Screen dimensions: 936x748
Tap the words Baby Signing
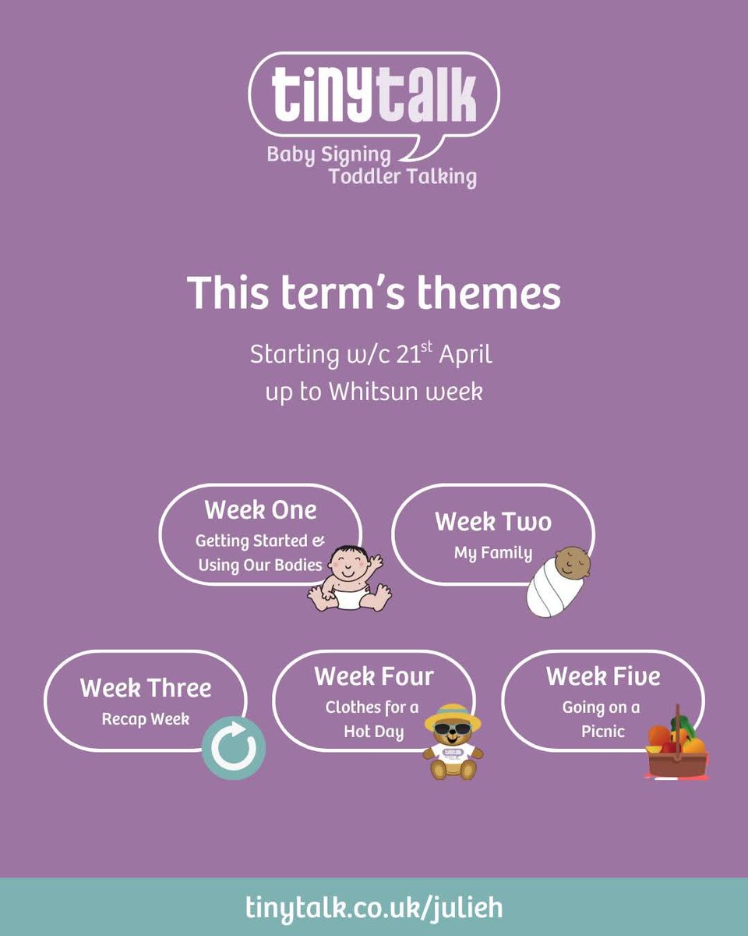329,154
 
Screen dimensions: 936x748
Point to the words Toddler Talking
402,176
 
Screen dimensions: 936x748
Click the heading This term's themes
374,293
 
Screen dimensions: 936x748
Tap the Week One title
260,510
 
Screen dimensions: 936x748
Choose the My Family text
493,554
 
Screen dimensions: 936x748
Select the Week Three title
146,688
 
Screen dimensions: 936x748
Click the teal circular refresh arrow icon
234,748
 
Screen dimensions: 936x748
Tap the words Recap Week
146,718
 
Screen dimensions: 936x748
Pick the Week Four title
374,676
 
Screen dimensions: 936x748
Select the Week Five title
603,676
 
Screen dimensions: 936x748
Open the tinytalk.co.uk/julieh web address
374,907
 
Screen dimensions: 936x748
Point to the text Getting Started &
260,541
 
